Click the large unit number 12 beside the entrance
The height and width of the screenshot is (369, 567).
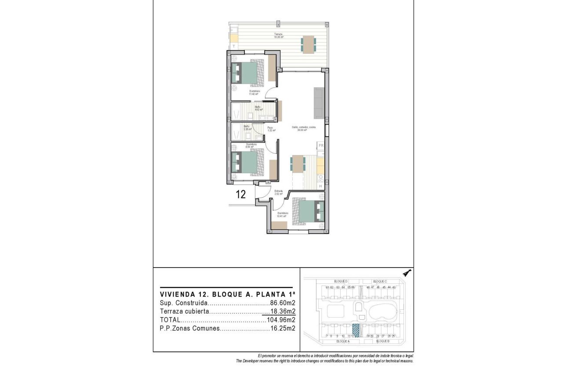(x=240, y=195)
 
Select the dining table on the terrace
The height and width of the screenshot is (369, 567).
(x=309, y=44)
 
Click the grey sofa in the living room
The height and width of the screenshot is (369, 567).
(x=319, y=103)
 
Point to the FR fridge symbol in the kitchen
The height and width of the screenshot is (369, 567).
(x=321, y=145)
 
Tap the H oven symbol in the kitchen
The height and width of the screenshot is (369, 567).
(x=320, y=186)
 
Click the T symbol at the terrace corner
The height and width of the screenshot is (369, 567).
(x=234, y=46)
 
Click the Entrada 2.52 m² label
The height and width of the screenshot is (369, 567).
(x=279, y=192)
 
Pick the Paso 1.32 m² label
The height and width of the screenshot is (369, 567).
(x=271, y=129)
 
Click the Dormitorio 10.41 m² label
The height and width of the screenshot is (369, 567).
(x=282, y=215)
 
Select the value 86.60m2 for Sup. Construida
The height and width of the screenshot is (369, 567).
(x=282, y=303)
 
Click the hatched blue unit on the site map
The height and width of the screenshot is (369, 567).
(x=356, y=330)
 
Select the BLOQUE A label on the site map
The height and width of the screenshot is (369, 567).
(x=342, y=341)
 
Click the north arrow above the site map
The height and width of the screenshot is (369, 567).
(x=407, y=272)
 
